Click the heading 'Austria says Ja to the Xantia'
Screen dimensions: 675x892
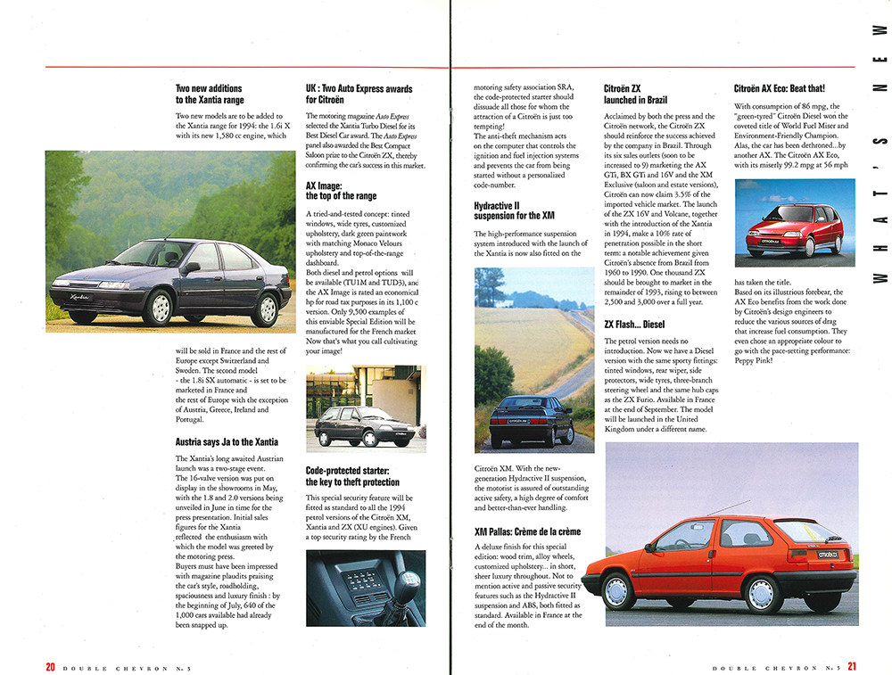[227, 441]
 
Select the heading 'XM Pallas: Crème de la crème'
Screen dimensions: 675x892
[527, 531]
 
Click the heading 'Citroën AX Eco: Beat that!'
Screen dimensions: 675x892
[779, 89]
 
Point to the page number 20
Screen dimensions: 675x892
[51, 665]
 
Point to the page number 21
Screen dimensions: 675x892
[853, 665]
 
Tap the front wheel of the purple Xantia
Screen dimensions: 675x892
[160, 308]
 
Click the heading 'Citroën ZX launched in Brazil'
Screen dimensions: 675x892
[634, 95]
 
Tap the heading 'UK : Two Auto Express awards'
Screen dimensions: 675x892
[359, 95]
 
